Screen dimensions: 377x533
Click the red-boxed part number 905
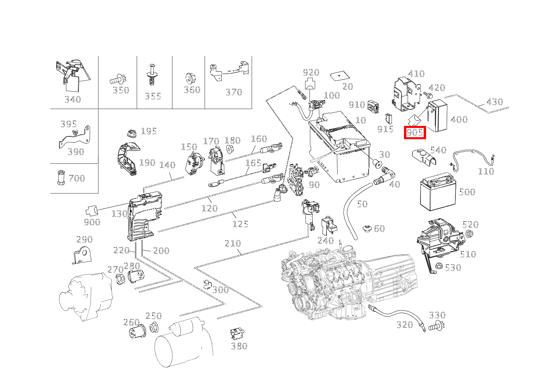[x=414, y=132]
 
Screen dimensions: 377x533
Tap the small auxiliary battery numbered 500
[x=438, y=192]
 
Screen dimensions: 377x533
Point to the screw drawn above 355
[x=152, y=75]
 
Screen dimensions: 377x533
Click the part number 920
[x=311, y=73]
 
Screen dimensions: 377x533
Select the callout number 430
[x=494, y=102]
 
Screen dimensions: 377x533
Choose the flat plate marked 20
[x=339, y=76]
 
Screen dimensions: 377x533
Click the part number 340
[x=73, y=99]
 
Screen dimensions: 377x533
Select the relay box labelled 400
[x=437, y=116]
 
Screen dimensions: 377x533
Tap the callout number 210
[x=233, y=243]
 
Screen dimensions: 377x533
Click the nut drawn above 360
[x=189, y=78]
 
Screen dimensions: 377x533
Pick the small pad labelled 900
[x=92, y=211]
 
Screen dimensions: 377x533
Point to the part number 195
[x=149, y=132]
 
